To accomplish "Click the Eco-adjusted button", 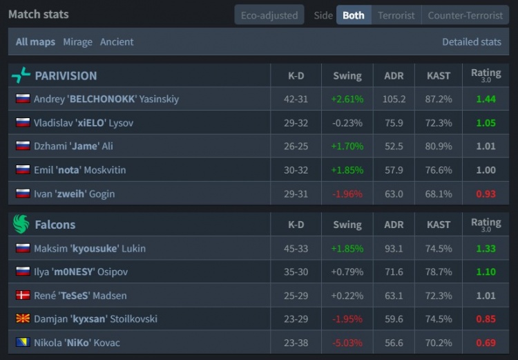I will point(269,15).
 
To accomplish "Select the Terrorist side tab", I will point(396,15).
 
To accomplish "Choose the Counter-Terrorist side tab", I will point(465,15).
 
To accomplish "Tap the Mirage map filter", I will point(77,41).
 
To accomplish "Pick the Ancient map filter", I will point(117,41).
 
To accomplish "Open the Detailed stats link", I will point(471,41).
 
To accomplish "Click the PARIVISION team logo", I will point(21,75).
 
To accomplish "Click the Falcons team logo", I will point(21,225).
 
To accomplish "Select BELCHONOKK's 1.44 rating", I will point(486,99).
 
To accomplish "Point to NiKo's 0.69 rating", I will point(486,342).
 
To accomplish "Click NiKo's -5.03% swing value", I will point(347,342).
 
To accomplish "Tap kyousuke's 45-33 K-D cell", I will point(296,248).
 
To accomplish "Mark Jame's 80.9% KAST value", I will point(439,146).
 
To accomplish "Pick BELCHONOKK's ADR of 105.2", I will point(394,99).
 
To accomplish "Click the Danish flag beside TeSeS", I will point(23,295).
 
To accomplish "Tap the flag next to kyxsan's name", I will point(23,319).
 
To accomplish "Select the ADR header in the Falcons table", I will point(394,225).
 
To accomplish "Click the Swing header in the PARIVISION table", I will point(347,75).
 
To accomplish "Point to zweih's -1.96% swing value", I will point(347,193).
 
